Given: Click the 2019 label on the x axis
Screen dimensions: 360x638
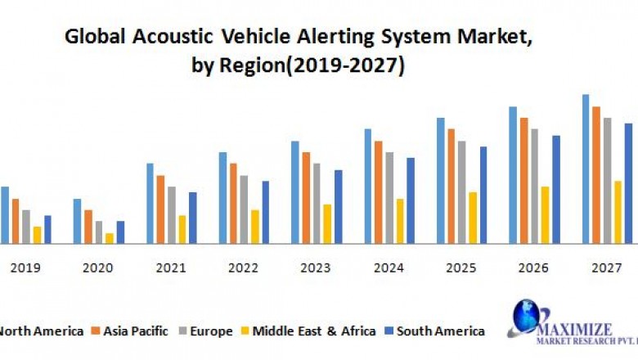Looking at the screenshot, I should [x=25, y=268].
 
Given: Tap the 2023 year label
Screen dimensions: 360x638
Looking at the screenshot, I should [x=316, y=268].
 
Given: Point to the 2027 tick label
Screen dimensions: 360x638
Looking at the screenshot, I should [x=606, y=268].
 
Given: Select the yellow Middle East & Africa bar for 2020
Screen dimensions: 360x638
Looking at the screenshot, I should [x=109, y=238].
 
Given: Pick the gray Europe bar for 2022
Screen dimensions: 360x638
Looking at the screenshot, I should [x=244, y=209].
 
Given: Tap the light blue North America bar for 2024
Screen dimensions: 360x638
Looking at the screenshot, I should [x=368, y=186].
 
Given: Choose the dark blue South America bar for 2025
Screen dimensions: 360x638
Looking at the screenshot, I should [x=483, y=195].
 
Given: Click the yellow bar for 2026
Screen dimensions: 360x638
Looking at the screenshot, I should [x=545, y=214].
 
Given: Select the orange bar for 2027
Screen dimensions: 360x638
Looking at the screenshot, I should [x=596, y=175].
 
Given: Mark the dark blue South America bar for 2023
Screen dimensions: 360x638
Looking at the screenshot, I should [x=338, y=206].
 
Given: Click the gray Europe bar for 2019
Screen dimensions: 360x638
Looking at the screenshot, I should [x=26, y=227].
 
